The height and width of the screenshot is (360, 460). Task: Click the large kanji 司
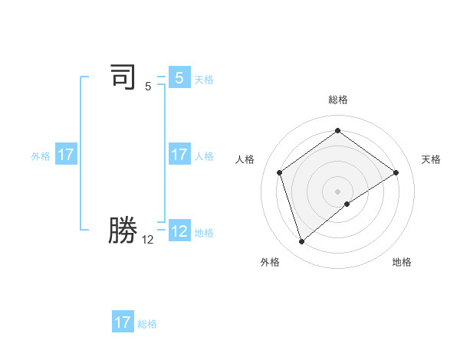click(123, 77)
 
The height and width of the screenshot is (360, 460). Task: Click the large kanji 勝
click(123, 230)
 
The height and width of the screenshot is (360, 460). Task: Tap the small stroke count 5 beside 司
click(148, 86)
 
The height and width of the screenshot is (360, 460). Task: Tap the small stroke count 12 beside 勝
click(148, 239)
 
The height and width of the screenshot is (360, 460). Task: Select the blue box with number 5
click(179, 77)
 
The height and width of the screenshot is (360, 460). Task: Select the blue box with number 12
click(179, 231)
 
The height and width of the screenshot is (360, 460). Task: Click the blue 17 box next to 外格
click(66, 155)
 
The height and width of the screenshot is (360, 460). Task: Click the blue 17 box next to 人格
click(179, 155)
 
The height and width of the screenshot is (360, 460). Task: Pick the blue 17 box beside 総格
click(123, 322)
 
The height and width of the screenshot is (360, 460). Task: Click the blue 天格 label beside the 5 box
click(204, 80)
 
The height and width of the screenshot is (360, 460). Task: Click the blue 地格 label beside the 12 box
click(204, 233)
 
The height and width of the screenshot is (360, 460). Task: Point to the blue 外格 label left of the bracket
click(41, 156)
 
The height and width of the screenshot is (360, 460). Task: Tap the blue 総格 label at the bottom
click(147, 324)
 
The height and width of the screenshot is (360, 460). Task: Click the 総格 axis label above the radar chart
click(338, 100)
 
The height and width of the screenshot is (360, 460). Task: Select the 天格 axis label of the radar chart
click(431, 159)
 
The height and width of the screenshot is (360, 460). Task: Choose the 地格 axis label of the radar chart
click(402, 262)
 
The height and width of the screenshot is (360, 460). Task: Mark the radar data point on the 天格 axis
click(396, 172)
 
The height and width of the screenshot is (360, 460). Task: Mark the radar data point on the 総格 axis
click(337, 131)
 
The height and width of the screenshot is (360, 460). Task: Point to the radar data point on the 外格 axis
click(302, 242)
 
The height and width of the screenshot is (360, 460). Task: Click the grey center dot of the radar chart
click(337, 191)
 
